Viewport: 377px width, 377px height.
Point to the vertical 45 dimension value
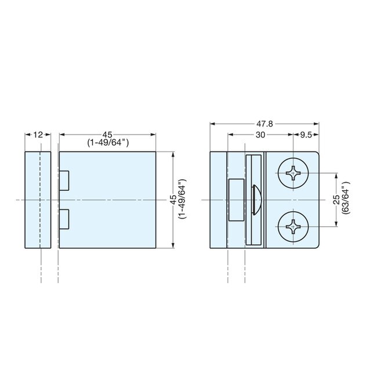tap(172, 200)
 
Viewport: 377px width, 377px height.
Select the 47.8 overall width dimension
tap(266, 124)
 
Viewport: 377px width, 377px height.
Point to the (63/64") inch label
tap(347, 200)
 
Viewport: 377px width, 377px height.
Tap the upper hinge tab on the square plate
tap(65, 180)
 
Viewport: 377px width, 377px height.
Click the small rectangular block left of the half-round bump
tap(237, 200)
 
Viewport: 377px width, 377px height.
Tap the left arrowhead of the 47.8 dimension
tap(213, 124)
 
